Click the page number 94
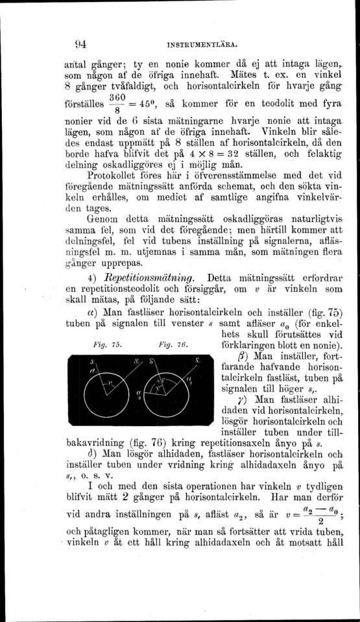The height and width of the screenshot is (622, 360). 63,45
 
